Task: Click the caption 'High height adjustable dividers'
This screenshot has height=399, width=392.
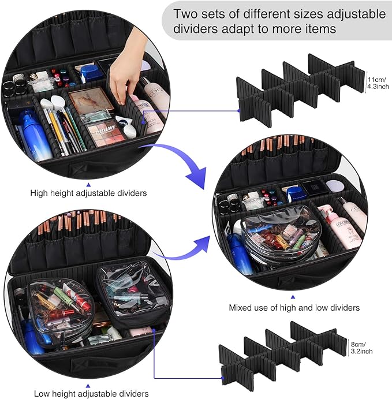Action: point(87,192)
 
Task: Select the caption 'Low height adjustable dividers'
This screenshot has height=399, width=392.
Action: point(91,393)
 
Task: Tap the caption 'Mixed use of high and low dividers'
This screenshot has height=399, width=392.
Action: point(294,308)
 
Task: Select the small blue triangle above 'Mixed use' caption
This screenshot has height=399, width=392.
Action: point(293,295)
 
